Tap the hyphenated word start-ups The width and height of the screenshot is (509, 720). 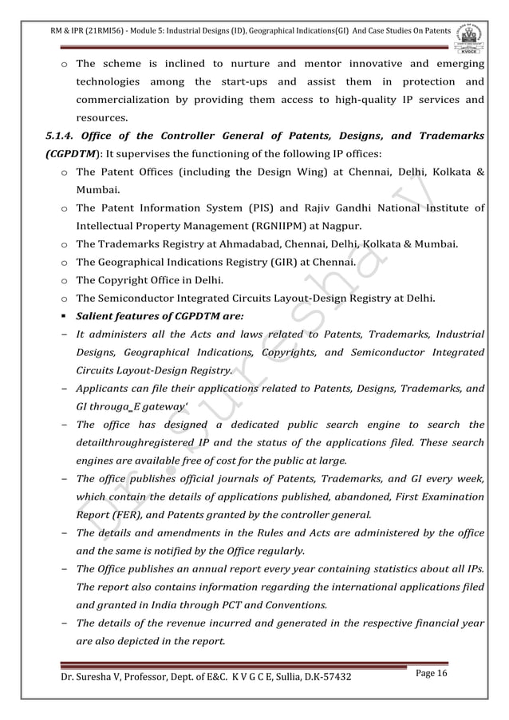tap(239, 82)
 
